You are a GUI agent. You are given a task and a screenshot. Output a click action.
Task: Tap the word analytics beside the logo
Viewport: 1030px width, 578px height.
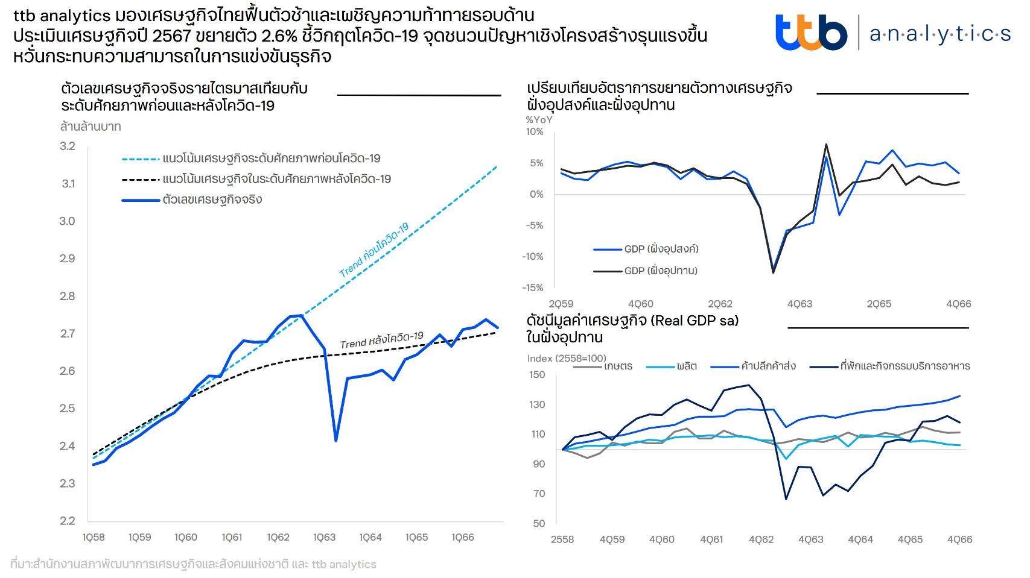coord(940,34)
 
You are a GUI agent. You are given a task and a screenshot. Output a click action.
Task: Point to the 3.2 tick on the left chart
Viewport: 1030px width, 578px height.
coord(68,146)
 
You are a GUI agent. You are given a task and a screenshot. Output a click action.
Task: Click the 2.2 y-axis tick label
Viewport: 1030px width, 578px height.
coord(68,521)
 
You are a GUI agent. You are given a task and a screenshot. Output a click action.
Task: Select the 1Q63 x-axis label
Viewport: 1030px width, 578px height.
coord(324,538)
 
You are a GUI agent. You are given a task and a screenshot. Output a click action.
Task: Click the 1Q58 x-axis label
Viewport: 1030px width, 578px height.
coord(94,538)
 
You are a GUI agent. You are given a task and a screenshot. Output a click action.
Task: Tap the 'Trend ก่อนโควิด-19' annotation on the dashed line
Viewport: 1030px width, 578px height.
coord(374,250)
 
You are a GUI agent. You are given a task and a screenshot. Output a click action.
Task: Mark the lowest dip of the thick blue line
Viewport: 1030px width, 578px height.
coord(335,440)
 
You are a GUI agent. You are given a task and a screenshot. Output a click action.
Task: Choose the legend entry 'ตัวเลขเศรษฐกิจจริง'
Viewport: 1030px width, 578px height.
coord(212,199)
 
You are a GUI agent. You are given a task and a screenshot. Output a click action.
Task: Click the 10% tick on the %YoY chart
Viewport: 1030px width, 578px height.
coord(535,132)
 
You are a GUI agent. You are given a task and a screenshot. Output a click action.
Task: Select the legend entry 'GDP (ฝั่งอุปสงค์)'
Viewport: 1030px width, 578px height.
coord(661,249)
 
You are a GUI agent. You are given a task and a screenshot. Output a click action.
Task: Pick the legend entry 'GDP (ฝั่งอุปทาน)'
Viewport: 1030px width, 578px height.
coord(660,271)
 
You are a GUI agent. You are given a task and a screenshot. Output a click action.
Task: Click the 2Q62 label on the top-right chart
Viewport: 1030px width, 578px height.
coord(720,304)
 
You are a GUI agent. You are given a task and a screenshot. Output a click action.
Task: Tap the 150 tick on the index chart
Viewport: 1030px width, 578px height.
coord(537,375)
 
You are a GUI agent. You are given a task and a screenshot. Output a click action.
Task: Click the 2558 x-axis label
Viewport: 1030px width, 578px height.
coord(562,539)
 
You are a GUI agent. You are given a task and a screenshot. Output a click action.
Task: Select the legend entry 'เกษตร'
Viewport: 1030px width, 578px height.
coord(618,366)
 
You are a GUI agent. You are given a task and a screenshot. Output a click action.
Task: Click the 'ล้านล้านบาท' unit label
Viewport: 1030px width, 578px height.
coord(91,127)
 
